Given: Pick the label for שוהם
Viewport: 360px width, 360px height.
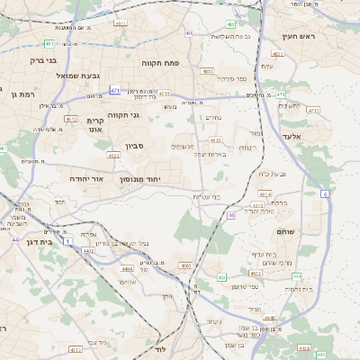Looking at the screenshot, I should (311, 231).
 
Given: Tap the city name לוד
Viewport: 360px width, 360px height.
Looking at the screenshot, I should (161, 347).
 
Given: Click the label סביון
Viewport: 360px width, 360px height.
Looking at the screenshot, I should (135, 145).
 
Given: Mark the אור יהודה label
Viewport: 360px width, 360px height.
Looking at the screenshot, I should (86, 179).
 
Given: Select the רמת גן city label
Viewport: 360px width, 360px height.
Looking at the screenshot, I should (18, 94).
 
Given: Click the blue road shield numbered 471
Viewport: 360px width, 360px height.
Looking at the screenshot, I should (115, 90).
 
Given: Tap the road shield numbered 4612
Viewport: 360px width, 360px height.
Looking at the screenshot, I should (71, 118).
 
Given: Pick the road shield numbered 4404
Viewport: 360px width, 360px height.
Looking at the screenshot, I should (128, 269).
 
